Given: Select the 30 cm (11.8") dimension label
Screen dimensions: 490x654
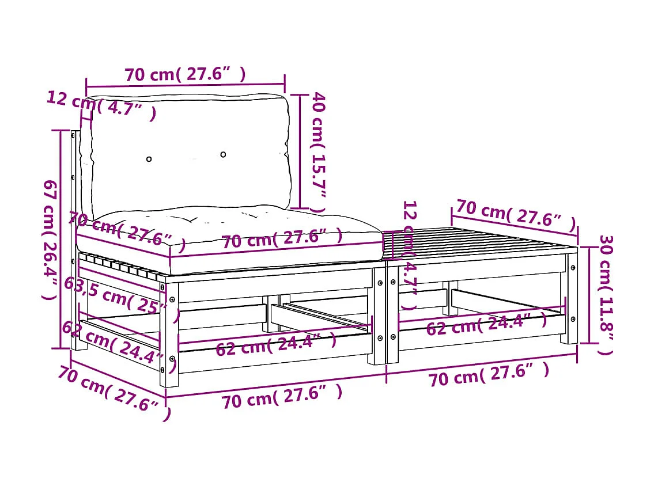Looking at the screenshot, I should (x=605, y=294).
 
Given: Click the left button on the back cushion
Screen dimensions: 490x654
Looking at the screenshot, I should (x=149, y=159).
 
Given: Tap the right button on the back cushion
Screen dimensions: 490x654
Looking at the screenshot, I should (x=223, y=154).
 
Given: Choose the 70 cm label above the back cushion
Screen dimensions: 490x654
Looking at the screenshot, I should (x=185, y=74).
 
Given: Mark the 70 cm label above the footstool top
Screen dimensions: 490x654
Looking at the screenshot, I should (x=516, y=214).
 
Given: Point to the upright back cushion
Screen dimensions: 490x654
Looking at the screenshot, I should (x=190, y=153).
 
